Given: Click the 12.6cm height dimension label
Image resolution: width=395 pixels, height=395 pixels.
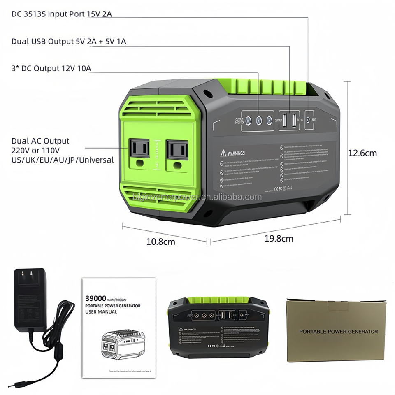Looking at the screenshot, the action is [362, 153].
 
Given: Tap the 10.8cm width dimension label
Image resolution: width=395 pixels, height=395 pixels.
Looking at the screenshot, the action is [160, 242].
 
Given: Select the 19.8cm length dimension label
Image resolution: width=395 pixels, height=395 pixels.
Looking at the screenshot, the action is [279, 238].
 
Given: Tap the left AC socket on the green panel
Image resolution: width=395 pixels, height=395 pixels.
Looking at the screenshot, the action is [139, 149].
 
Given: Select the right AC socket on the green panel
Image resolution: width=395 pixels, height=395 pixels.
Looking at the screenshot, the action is [177, 150].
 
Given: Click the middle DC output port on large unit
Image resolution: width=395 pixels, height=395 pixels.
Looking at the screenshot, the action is [259, 121].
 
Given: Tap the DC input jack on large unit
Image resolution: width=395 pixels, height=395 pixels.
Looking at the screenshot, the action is [309, 119].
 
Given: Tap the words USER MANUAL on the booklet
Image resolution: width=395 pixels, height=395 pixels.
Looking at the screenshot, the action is [101, 312].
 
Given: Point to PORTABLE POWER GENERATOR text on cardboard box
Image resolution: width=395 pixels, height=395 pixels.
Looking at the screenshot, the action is [338, 331].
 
